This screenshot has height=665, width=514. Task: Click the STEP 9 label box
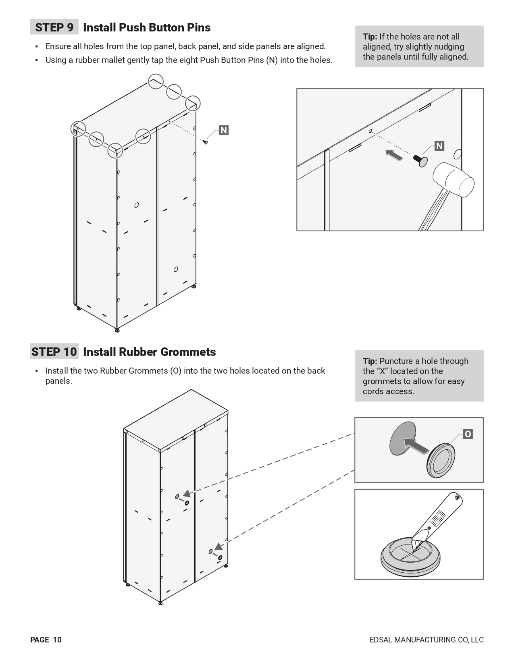(x=54, y=27)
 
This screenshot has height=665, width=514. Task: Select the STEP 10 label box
(x=54, y=352)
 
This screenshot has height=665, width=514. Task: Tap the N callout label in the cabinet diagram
(x=223, y=130)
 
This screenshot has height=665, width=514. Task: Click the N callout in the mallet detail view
(x=439, y=146)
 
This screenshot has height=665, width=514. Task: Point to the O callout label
(x=468, y=434)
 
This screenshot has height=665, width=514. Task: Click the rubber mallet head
(x=454, y=179)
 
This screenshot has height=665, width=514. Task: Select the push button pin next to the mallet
(x=421, y=161)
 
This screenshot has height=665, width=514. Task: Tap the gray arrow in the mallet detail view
(x=394, y=155)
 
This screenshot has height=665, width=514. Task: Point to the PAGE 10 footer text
(x=46, y=640)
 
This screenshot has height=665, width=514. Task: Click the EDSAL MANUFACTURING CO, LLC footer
(x=427, y=640)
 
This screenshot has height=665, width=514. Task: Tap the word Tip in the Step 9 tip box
(x=370, y=37)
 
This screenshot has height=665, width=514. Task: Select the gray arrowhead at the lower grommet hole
(x=218, y=547)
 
